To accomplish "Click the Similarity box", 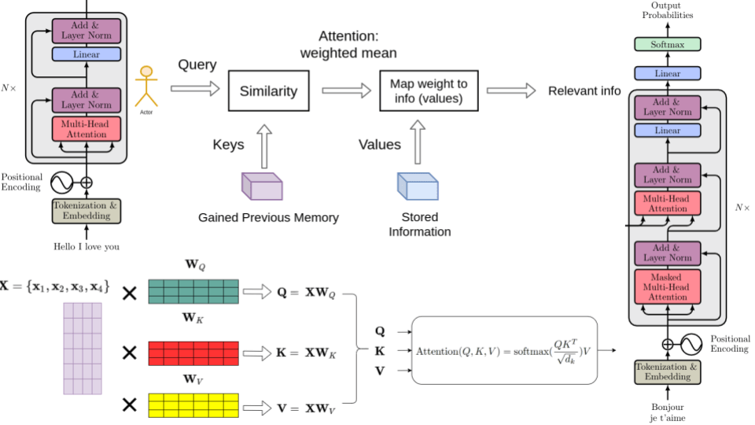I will coord(269,91).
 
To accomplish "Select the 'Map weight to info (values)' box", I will coord(429,91).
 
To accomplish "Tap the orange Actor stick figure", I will coord(145,87).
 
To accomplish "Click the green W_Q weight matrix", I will coord(193,291).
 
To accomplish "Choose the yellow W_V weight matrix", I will coord(193,405).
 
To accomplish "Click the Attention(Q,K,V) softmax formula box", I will coord(504,349).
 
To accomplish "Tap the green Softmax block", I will coord(667,45).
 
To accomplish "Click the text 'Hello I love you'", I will coord(87,246).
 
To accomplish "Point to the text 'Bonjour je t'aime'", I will coord(667,412).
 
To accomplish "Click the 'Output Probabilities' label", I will coord(667,10).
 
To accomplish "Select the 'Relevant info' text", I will coord(584,91).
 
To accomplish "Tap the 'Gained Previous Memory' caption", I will coord(268,217).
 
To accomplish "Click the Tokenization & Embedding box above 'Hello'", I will coord(87,211).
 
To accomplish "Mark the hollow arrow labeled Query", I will coord(196,89).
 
